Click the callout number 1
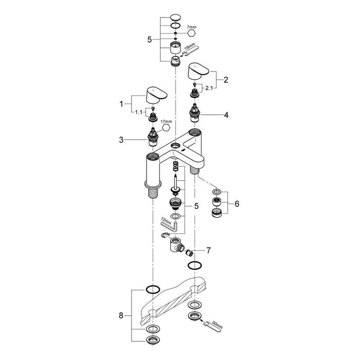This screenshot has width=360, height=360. pyautogui.click(x=122, y=104)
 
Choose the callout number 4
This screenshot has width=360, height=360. pyautogui.click(x=227, y=116)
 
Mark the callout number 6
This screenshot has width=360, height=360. pyautogui.click(x=236, y=204)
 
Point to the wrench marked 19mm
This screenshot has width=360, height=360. pyautogui.click(x=191, y=50)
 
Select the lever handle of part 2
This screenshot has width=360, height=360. pyautogui.click(x=197, y=71)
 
